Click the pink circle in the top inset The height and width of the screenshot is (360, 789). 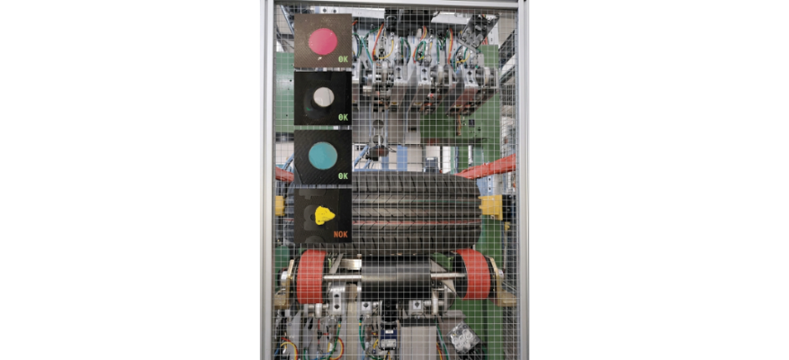(323, 40)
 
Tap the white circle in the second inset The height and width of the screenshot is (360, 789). (323, 97)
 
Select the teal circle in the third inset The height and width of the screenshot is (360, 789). (323, 155)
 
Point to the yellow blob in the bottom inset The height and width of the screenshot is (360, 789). (324, 215)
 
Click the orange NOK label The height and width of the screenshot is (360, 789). (341, 234)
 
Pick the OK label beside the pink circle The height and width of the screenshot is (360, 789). (343, 58)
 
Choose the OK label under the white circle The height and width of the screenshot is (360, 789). (343, 117)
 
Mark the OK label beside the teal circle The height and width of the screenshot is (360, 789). (343, 176)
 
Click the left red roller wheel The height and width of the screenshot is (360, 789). (311, 277)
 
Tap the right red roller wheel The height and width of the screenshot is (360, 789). (473, 274)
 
